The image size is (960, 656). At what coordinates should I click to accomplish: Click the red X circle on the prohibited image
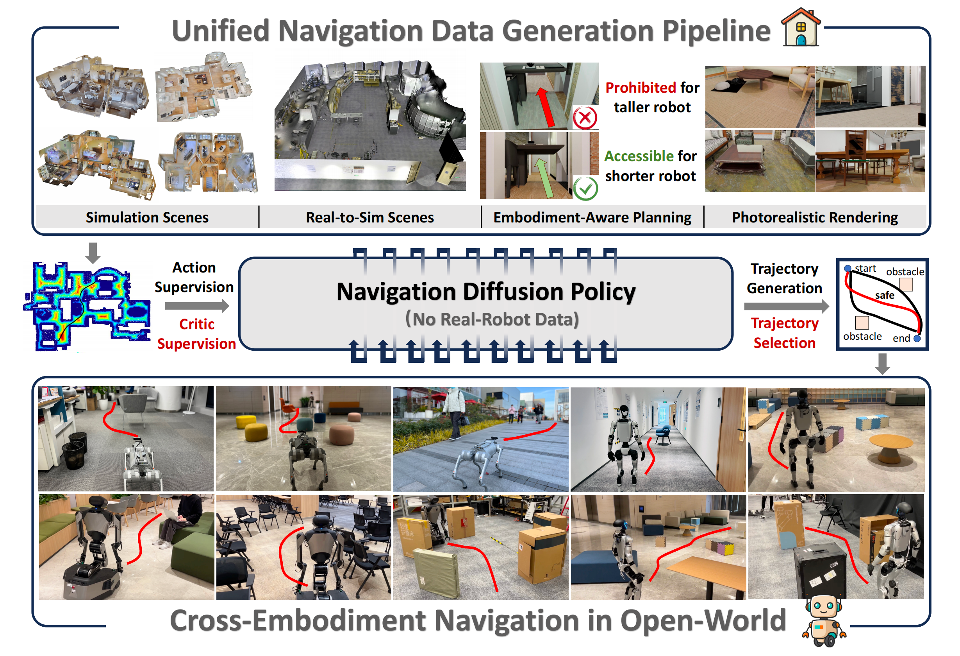pyautogui.click(x=585, y=118)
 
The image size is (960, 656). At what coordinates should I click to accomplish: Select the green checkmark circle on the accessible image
pyautogui.click(x=585, y=189)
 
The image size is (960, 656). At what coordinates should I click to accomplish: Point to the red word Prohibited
pyautogui.click(x=640, y=88)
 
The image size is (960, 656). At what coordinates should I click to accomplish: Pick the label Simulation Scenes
pyautogui.click(x=147, y=217)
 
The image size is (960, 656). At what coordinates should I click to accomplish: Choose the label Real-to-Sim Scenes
pyautogui.click(x=370, y=217)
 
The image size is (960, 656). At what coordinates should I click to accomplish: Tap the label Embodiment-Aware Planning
pyautogui.click(x=592, y=217)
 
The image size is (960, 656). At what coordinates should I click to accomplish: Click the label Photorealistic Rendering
pyautogui.click(x=815, y=217)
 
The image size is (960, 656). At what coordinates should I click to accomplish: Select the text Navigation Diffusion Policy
pyautogui.click(x=486, y=292)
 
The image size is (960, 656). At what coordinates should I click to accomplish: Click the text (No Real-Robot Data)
pyautogui.click(x=492, y=319)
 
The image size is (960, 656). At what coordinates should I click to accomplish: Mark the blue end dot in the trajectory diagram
pyautogui.click(x=917, y=339)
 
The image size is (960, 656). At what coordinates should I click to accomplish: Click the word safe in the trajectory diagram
pyautogui.click(x=884, y=296)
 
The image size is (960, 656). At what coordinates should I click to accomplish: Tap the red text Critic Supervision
pyautogui.click(x=196, y=334)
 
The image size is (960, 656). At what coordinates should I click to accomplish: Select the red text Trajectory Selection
pyautogui.click(x=784, y=333)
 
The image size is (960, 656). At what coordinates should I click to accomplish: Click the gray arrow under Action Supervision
pyautogui.click(x=196, y=306)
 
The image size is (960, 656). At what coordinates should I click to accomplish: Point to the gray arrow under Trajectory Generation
pyautogui.click(x=786, y=306)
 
